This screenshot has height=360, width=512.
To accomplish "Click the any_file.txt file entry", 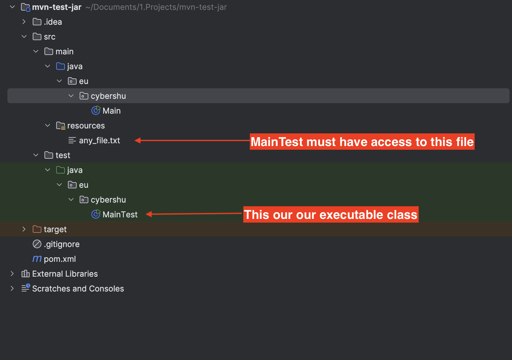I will coord(99,140).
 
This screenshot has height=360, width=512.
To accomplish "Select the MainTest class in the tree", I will coord(120,215).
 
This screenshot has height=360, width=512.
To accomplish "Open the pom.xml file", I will coord(60,259).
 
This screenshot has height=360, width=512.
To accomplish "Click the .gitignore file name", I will coord(61,244).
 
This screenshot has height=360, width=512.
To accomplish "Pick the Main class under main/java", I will coord(111,111).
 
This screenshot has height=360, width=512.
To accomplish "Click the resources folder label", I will coord(86,126).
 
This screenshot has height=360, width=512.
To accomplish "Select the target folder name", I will coord(55,229).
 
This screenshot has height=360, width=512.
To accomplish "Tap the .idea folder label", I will coord(53,22).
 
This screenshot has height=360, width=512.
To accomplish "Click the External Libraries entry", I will coord(65,274).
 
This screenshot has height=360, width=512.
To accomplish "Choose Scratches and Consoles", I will coord(78,289).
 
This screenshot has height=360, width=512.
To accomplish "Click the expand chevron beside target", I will coord(24,229).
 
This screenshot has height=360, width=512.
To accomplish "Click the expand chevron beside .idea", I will coord(24,22).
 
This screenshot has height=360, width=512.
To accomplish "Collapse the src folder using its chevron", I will coord(24,36).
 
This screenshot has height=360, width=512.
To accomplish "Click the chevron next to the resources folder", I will coord(48,125).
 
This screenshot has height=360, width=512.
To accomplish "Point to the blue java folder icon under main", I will coord(61,66).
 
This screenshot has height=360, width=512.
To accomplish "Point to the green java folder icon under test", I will coord(61,170).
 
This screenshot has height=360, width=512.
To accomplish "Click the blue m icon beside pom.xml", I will coord(37,259).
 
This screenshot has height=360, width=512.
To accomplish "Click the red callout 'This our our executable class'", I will coord(330,215).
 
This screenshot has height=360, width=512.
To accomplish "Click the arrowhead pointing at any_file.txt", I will coord(138,140).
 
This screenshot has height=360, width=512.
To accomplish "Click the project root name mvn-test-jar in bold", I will coord(57,7).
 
